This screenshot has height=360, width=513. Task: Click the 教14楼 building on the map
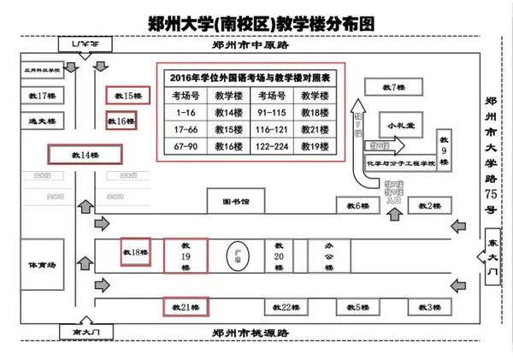pyautogui.click(x=85, y=155)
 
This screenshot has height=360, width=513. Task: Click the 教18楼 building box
pyautogui.click(x=136, y=253)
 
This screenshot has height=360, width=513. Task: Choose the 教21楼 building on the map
pyautogui.click(x=186, y=306)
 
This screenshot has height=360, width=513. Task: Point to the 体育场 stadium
pyautogui.click(x=41, y=265)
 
